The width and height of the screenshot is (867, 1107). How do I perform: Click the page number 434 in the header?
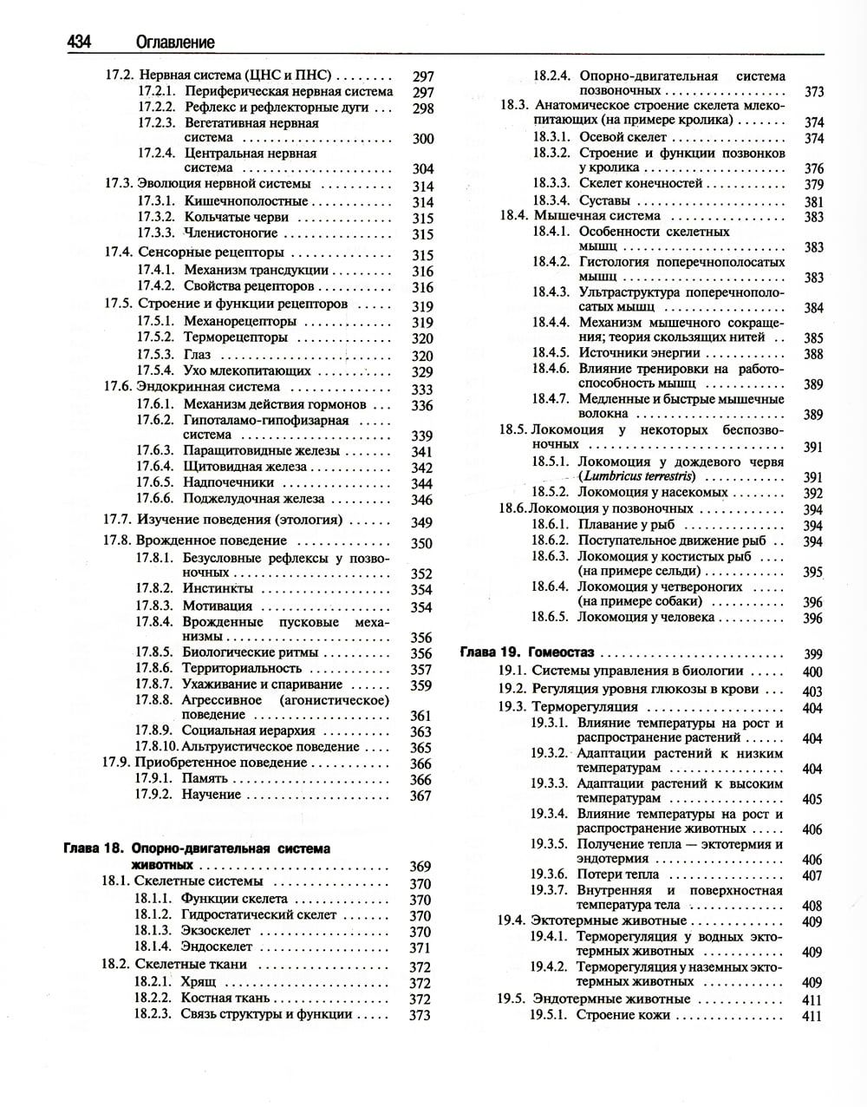click(80, 42)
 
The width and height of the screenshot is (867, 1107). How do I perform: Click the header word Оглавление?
click(175, 42)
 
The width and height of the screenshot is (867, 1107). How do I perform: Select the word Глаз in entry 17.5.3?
click(197, 355)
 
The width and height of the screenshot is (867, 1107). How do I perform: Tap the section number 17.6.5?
click(155, 482)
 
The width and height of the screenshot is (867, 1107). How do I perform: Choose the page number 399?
click(812, 654)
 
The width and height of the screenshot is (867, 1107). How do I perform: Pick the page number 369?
click(420, 866)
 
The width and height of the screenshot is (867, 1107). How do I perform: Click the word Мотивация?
click(218, 606)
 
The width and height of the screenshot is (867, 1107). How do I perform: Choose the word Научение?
click(211, 795)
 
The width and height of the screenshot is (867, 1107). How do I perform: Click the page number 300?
click(422, 139)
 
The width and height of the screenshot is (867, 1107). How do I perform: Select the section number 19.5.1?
click(549, 1014)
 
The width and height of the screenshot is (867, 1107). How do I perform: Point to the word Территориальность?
click(241, 669)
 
